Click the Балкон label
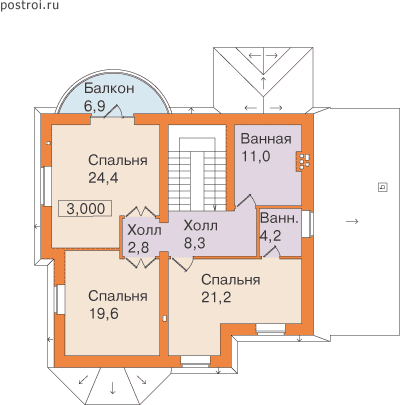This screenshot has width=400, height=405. coord(109,89)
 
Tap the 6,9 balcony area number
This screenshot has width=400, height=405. coord(95,106)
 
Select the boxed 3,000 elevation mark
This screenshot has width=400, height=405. coord(85,209)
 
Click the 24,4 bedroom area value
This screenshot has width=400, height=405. coord(103,178)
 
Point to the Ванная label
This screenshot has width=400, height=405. coord(266,139)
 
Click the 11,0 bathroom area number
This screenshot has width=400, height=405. coord(256,156)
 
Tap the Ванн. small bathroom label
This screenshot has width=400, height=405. coord(279,218)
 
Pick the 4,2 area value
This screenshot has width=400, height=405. coord(271,235)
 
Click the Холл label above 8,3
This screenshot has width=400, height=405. coord(201,226)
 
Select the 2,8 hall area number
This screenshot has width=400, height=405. coord(139,248)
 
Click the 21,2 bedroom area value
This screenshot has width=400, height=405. coord(216,297)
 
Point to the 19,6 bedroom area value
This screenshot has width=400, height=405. coord(103,313)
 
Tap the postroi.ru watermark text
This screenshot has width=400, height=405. coord(29,6)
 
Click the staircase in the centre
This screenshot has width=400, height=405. coord(197,168)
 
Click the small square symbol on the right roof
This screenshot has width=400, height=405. coord(383,187)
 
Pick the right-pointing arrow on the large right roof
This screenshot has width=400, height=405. coord(352,221)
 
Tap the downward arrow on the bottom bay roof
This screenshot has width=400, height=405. coord(112,388)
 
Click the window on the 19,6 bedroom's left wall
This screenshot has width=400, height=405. coord(60,299)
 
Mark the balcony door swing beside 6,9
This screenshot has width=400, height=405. coord(114,111)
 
